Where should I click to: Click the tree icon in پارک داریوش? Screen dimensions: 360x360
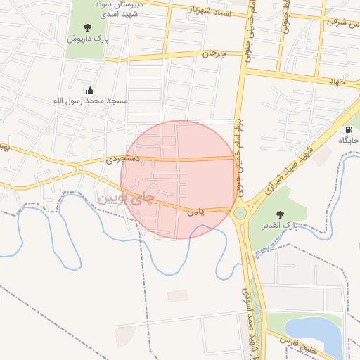(87, 27)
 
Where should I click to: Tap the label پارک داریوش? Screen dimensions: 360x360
(87, 39)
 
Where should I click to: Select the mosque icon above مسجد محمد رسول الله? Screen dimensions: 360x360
(90, 90)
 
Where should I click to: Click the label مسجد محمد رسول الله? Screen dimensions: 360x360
(91, 101)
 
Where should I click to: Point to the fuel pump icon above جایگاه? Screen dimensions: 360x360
(349, 129)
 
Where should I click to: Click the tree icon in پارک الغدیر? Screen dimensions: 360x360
(281, 214)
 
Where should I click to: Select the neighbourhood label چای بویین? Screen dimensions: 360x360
(125, 199)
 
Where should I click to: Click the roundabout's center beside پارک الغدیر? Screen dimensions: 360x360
(240, 212)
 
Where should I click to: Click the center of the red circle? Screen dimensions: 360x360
(178, 179)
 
